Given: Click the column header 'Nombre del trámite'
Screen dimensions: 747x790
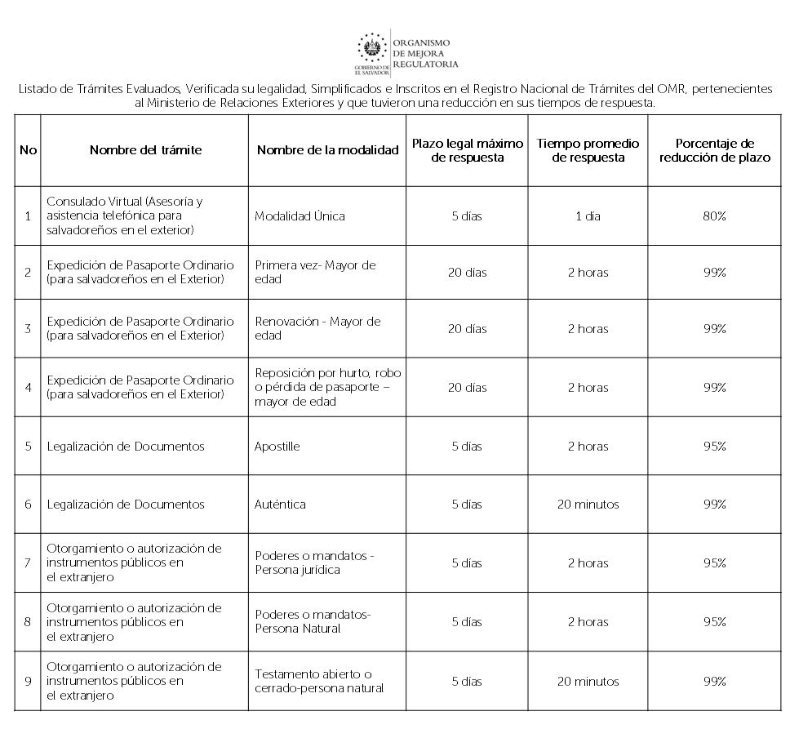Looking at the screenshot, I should point(145,150).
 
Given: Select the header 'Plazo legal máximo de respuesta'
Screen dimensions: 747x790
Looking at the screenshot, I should point(467,150).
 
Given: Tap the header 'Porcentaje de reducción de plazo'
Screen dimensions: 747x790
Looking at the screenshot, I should point(714,150).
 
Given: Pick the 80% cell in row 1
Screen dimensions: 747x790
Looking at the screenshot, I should point(714,216).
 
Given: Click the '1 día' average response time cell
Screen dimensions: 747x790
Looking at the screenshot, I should point(588,216).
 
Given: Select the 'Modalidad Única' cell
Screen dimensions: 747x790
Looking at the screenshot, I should point(300,216).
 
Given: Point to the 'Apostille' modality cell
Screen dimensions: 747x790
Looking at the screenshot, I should point(277,447).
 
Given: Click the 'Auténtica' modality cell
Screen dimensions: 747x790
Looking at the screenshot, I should point(280,505).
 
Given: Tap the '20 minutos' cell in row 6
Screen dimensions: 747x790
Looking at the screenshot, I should point(588,505).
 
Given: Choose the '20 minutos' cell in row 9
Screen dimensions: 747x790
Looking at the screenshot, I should point(588,682).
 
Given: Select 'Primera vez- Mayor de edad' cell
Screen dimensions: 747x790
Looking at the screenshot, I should point(315,272).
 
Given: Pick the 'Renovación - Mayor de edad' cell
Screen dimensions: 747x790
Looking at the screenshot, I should point(317,328).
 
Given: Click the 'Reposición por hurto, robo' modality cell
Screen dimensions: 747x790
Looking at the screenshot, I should point(327,387).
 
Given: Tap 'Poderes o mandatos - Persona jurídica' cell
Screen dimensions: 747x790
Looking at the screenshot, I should point(314,562).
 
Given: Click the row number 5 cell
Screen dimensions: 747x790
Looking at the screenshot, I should point(28,447).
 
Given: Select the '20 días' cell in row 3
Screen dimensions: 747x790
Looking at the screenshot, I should point(467,329).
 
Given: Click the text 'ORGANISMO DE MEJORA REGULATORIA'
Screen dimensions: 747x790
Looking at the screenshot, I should point(424,52).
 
